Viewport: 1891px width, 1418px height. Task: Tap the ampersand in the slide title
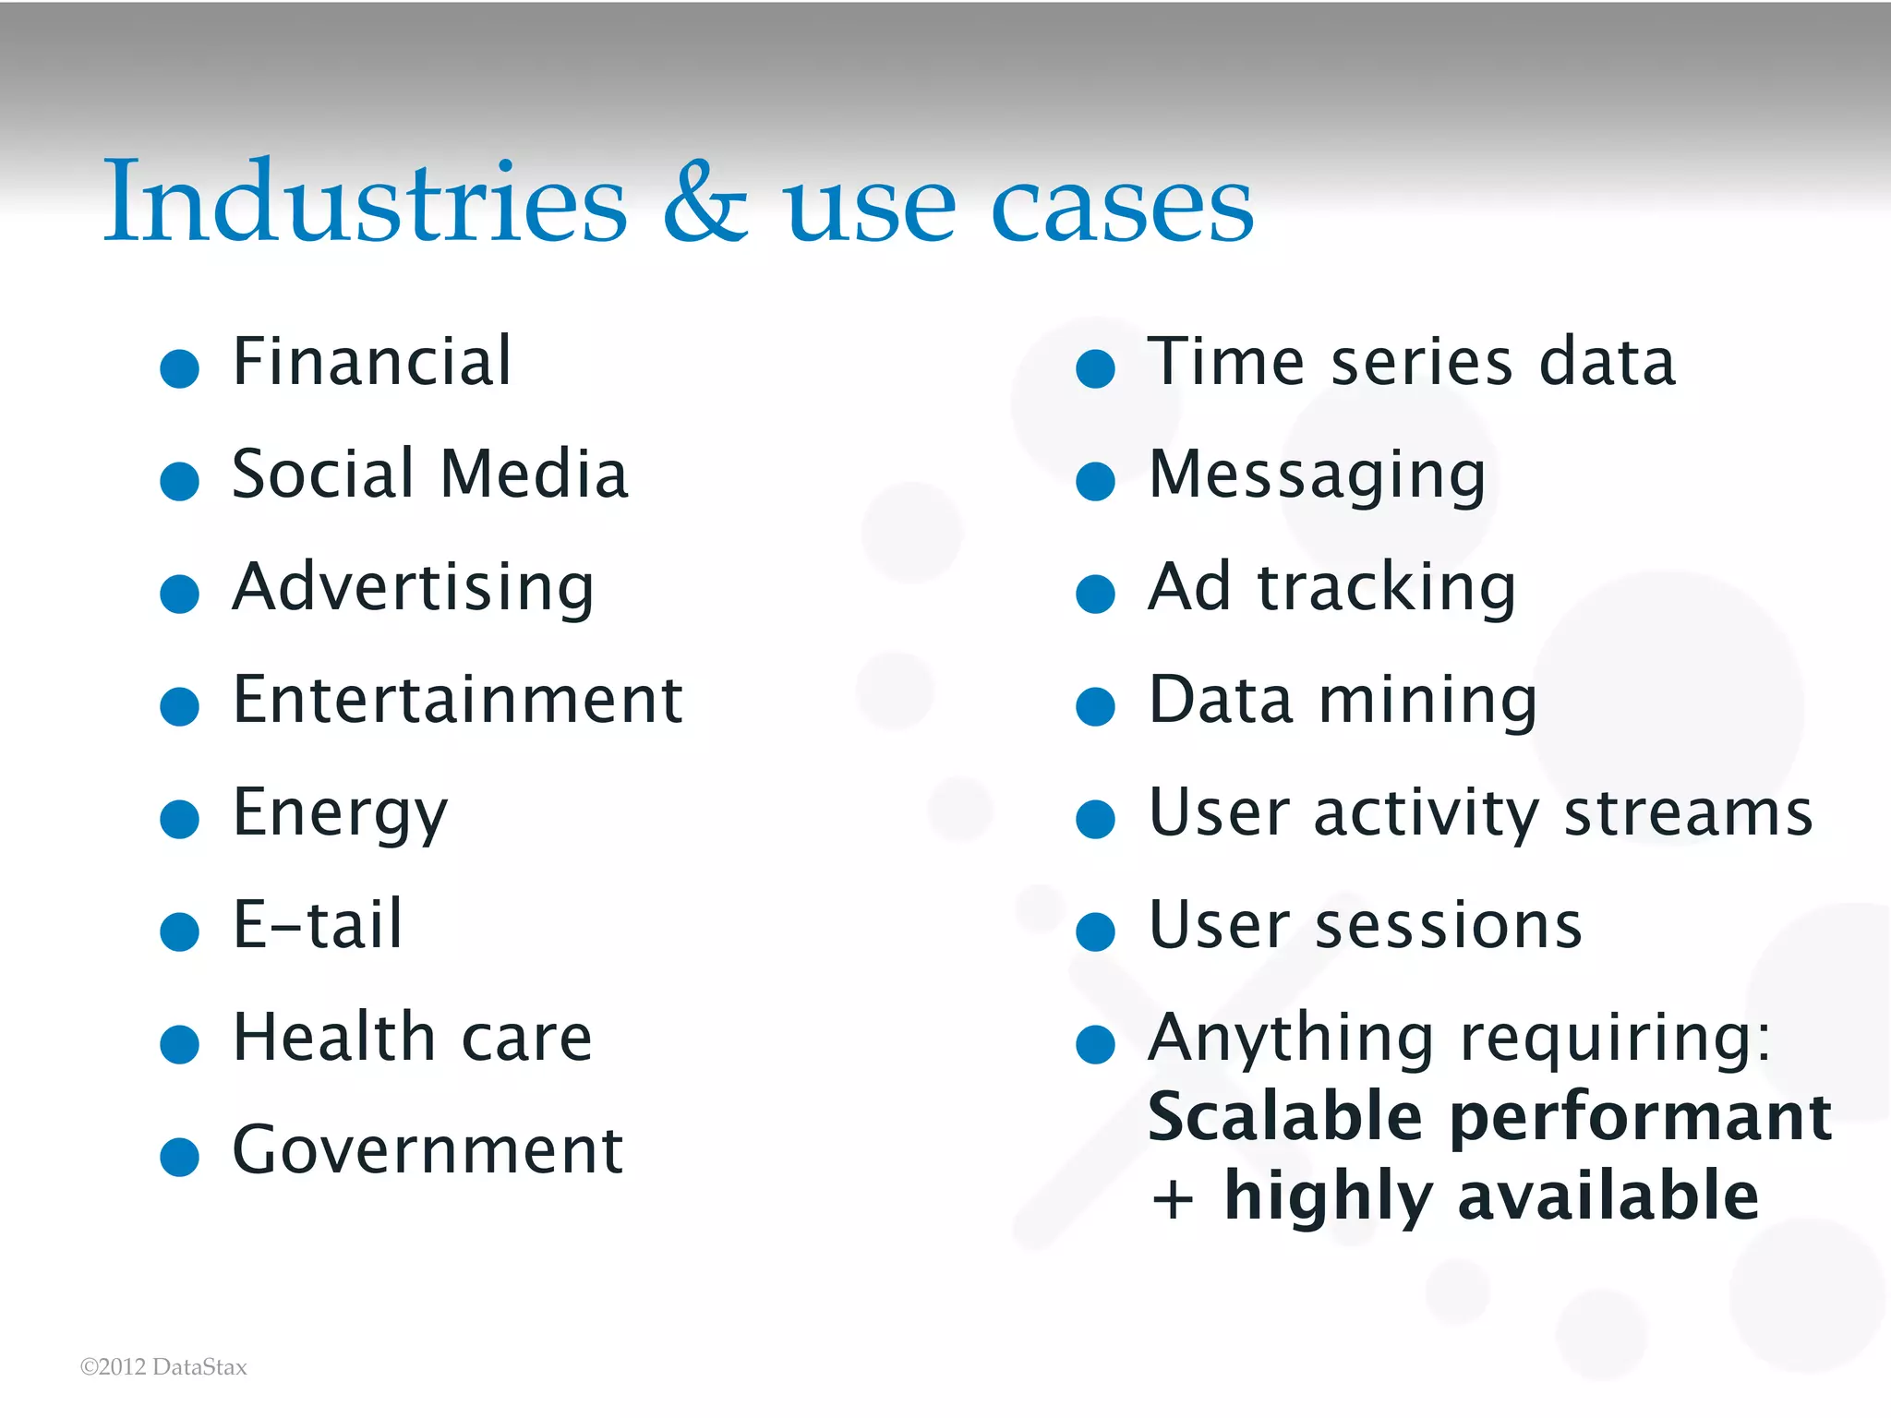click(x=705, y=203)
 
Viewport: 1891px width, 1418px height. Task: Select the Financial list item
click(x=371, y=361)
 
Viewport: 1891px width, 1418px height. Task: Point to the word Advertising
click(x=413, y=587)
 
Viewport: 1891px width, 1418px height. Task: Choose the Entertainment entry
click(x=457, y=700)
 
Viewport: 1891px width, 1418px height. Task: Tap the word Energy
click(x=340, y=814)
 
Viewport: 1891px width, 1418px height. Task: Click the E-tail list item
click(x=317, y=925)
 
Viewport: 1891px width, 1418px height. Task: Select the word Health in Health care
click(x=333, y=1038)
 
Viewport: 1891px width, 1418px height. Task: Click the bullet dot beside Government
click(x=179, y=1157)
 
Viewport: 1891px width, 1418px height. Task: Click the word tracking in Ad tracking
click(x=1386, y=587)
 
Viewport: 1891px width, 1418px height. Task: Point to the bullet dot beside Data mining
click(x=1095, y=706)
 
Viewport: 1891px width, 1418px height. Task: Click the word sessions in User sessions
click(x=1448, y=925)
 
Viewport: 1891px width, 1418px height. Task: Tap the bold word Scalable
click(x=1284, y=1117)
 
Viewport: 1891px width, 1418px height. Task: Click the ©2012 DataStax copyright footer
click(x=163, y=1367)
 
